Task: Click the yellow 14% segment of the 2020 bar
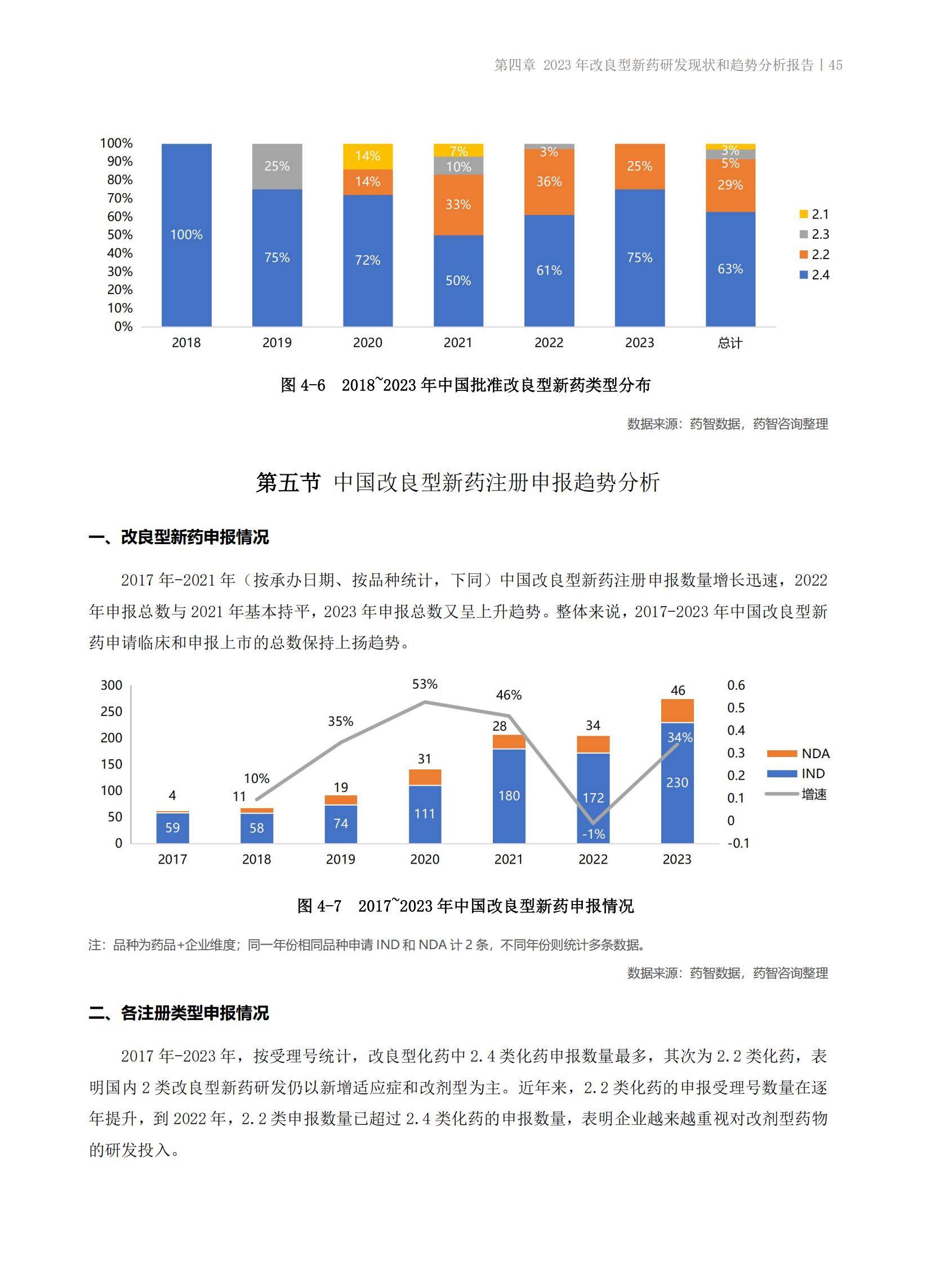[x=367, y=156]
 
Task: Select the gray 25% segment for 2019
[x=277, y=166]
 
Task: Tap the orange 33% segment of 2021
[x=458, y=204]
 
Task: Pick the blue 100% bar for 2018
[x=186, y=235]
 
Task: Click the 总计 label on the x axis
[x=730, y=342]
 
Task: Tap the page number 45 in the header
[x=836, y=65]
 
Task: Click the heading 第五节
[x=288, y=483]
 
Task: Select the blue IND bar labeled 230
[x=677, y=783]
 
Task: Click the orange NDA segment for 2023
[x=677, y=711]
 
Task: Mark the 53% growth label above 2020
[x=424, y=684]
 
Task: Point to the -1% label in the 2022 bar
[x=593, y=834]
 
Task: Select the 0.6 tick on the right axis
[x=736, y=686]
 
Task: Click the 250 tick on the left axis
[x=111, y=712]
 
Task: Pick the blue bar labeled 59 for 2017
[x=172, y=828]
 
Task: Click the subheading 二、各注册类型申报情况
[x=179, y=1013]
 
